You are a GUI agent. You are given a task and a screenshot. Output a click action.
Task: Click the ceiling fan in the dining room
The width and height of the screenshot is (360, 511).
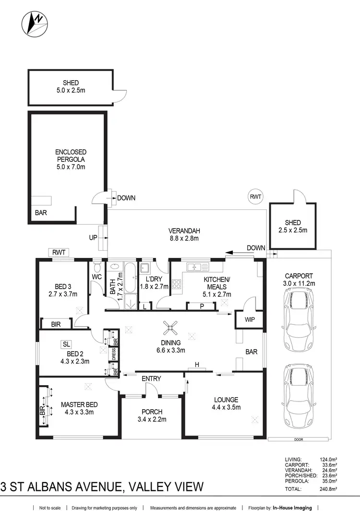click(170, 328)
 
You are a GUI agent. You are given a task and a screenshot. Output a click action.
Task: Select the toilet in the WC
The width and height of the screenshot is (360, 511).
click(97, 266)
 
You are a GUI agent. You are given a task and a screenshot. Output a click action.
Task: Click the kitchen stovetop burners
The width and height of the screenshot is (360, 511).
click(176, 283)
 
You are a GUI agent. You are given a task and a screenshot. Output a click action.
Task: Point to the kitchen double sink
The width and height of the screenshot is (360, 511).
click(197, 267)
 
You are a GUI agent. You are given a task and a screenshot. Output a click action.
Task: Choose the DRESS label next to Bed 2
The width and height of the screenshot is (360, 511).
click(114, 354)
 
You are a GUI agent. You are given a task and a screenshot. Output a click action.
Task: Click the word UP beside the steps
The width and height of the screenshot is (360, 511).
click(93, 238)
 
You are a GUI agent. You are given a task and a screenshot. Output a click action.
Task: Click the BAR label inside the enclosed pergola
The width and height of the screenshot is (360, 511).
click(41, 212)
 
